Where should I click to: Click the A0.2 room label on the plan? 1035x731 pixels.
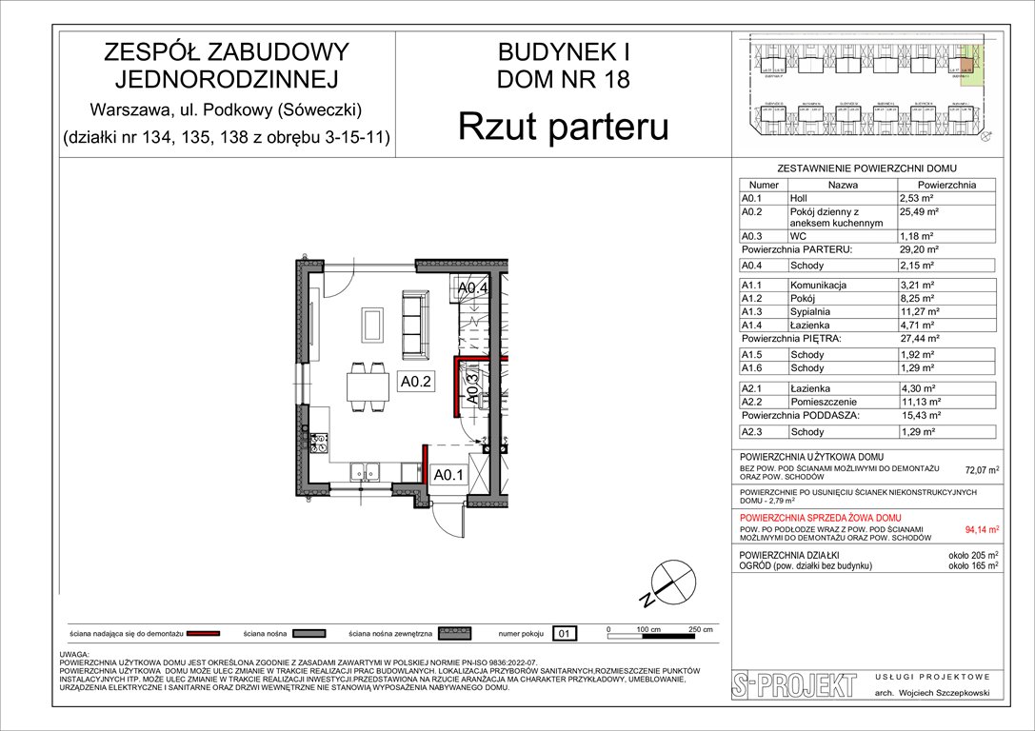point(416,382)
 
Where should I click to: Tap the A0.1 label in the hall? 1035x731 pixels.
point(448,474)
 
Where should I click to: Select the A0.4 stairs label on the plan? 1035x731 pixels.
point(473,287)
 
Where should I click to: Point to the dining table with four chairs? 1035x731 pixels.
point(361,388)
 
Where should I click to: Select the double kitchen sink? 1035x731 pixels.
point(366,469)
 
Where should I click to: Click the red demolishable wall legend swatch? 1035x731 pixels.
point(210,632)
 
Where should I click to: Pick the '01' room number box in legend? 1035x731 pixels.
point(564,632)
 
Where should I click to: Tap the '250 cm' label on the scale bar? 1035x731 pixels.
point(701,630)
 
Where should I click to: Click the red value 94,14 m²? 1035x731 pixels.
point(982,530)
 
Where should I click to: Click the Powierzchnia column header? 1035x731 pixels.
point(946,185)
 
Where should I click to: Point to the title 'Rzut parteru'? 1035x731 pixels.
point(564,127)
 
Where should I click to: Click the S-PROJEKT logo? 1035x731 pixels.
point(788,685)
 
